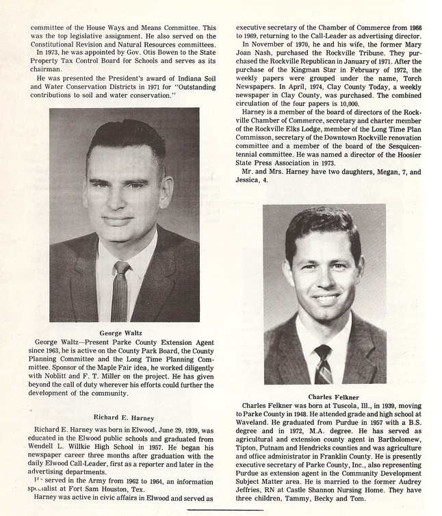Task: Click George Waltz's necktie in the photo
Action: point(121,290)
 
